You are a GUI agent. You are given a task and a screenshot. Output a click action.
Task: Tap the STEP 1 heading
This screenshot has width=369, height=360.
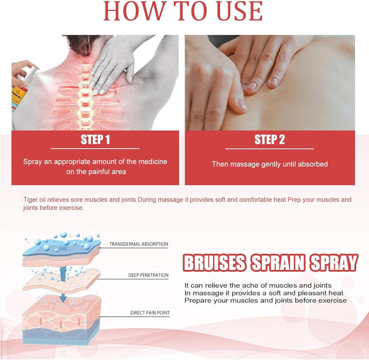point(95,140)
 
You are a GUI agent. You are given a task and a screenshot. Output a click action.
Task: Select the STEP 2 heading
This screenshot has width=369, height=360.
point(270,140)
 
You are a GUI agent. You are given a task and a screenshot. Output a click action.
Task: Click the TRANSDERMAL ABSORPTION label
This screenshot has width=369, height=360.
point(138,244)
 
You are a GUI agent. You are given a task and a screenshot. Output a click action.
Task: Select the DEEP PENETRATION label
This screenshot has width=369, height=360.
point(148,275)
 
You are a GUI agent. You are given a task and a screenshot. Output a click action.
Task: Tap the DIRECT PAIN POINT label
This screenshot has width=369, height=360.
point(149,312)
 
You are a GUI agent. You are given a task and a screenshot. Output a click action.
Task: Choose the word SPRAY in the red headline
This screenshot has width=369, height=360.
point(333,263)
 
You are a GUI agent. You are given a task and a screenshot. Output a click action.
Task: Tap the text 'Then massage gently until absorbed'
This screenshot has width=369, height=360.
point(270,164)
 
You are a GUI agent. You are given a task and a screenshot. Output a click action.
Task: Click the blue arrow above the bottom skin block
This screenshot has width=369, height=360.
point(63,297)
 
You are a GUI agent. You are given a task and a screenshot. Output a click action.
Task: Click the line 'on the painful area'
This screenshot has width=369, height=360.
point(95,172)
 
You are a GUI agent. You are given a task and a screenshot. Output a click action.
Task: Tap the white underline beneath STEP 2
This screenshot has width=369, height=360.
point(270,149)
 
